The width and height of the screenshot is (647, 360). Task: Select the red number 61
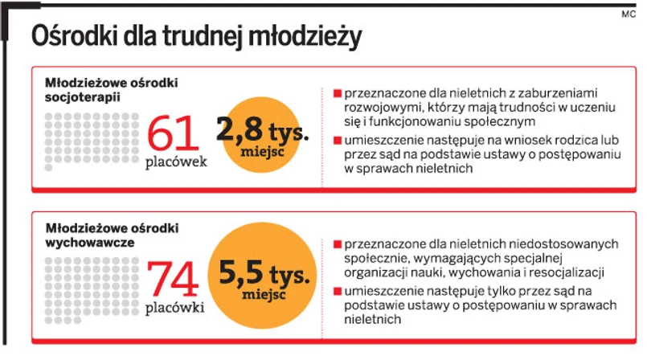172,132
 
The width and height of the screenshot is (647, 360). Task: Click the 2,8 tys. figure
262,129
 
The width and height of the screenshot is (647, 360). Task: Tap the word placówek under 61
176,162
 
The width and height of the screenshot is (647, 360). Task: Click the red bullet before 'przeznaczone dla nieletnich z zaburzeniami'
336,93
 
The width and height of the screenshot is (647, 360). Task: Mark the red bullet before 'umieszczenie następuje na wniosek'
336,140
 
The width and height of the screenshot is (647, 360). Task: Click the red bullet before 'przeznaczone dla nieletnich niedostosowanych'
336,243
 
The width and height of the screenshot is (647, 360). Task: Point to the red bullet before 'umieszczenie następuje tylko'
336,290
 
